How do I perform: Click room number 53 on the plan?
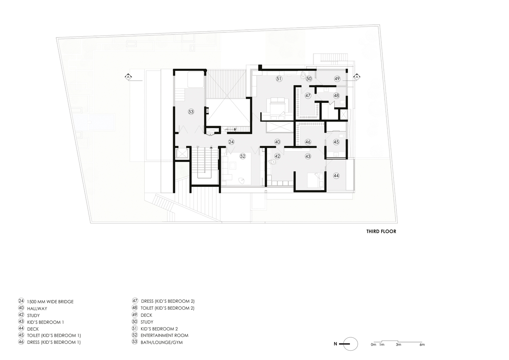(x=191, y=112)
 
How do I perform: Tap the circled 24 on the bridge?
(x=231, y=142)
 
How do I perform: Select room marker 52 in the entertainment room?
(x=243, y=156)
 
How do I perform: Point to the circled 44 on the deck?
(x=336, y=176)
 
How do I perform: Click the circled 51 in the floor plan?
(x=279, y=79)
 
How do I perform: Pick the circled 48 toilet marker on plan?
(x=336, y=96)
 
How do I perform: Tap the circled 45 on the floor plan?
(x=336, y=142)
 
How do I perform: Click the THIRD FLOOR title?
(x=381, y=231)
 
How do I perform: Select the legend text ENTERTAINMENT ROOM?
(x=165, y=336)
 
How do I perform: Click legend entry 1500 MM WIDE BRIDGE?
(x=50, y=302)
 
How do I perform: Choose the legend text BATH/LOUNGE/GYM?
(x=162, y=342)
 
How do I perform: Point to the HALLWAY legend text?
(x=37, y=309)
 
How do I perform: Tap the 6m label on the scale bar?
(x=422, y=345)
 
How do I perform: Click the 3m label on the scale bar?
(x=398, y=345)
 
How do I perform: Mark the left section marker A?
(x=129, y=77)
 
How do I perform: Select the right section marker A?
(x=357, y=77)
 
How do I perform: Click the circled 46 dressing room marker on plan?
(x=308, y=142)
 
